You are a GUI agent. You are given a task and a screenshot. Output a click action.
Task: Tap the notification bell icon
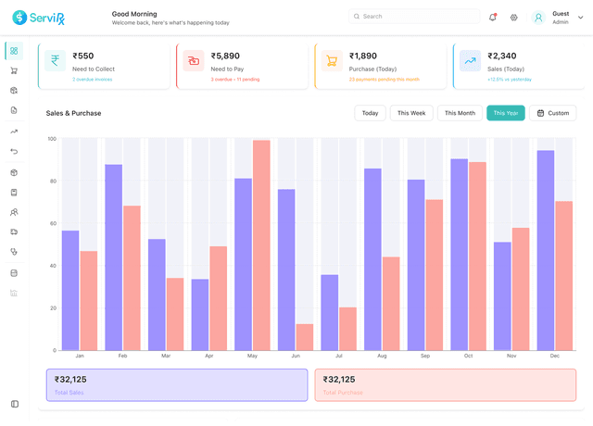pos(492,17)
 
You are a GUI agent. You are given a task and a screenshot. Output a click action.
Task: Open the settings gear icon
pos(514,17)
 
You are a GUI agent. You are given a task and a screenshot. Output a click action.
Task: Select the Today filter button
pos(370,113)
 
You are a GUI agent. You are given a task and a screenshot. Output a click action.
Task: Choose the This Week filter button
pos(411,113)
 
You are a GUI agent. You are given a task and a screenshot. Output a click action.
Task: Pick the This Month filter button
pos(460,113)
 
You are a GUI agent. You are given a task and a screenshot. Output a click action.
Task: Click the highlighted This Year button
pos(506,113)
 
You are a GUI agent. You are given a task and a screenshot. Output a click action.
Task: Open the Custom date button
pos(553,113)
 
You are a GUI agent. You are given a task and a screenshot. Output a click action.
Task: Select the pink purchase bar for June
pos(304,337)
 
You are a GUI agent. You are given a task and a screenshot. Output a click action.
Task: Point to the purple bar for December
pos(546,250)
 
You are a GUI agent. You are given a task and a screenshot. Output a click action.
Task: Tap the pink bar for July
pos(347,329)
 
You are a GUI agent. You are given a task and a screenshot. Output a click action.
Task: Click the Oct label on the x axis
pos(468,357)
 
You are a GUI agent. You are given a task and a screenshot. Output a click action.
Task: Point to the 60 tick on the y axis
pos(52,223)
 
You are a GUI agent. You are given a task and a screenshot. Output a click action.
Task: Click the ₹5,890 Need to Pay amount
pos(225,56)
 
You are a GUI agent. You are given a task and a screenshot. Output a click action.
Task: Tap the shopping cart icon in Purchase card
pos(332,61)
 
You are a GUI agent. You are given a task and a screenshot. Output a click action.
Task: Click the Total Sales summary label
pos(69,393)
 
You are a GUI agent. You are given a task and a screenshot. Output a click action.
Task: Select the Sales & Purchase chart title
pos(74,113)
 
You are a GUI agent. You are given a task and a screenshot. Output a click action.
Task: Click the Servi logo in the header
pos(39,17)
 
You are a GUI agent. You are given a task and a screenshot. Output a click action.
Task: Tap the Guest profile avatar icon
pos(538,17)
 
